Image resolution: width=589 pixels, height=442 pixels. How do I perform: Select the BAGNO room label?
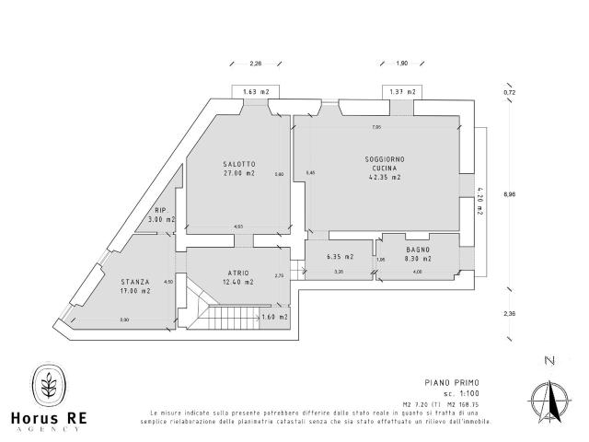(418, 249)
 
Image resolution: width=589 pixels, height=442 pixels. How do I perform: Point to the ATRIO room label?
(238, 273)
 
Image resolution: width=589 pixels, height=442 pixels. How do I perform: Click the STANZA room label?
(134, 283)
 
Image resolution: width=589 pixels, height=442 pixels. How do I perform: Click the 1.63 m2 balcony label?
(256, 92)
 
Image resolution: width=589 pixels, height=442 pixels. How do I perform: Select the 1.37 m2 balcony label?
(402, 92)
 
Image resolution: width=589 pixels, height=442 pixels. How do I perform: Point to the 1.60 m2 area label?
(274, 317)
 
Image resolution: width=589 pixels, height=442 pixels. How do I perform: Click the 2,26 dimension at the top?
(256, 64)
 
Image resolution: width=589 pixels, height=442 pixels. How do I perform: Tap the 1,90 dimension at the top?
(401, 64)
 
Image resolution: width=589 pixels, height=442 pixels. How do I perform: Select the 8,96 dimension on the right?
(510, 194)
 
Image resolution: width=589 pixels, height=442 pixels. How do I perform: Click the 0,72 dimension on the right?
(509, 93)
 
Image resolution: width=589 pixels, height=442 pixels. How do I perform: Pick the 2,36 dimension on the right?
(510, 313)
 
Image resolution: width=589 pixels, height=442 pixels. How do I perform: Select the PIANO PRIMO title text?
(453, 382)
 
